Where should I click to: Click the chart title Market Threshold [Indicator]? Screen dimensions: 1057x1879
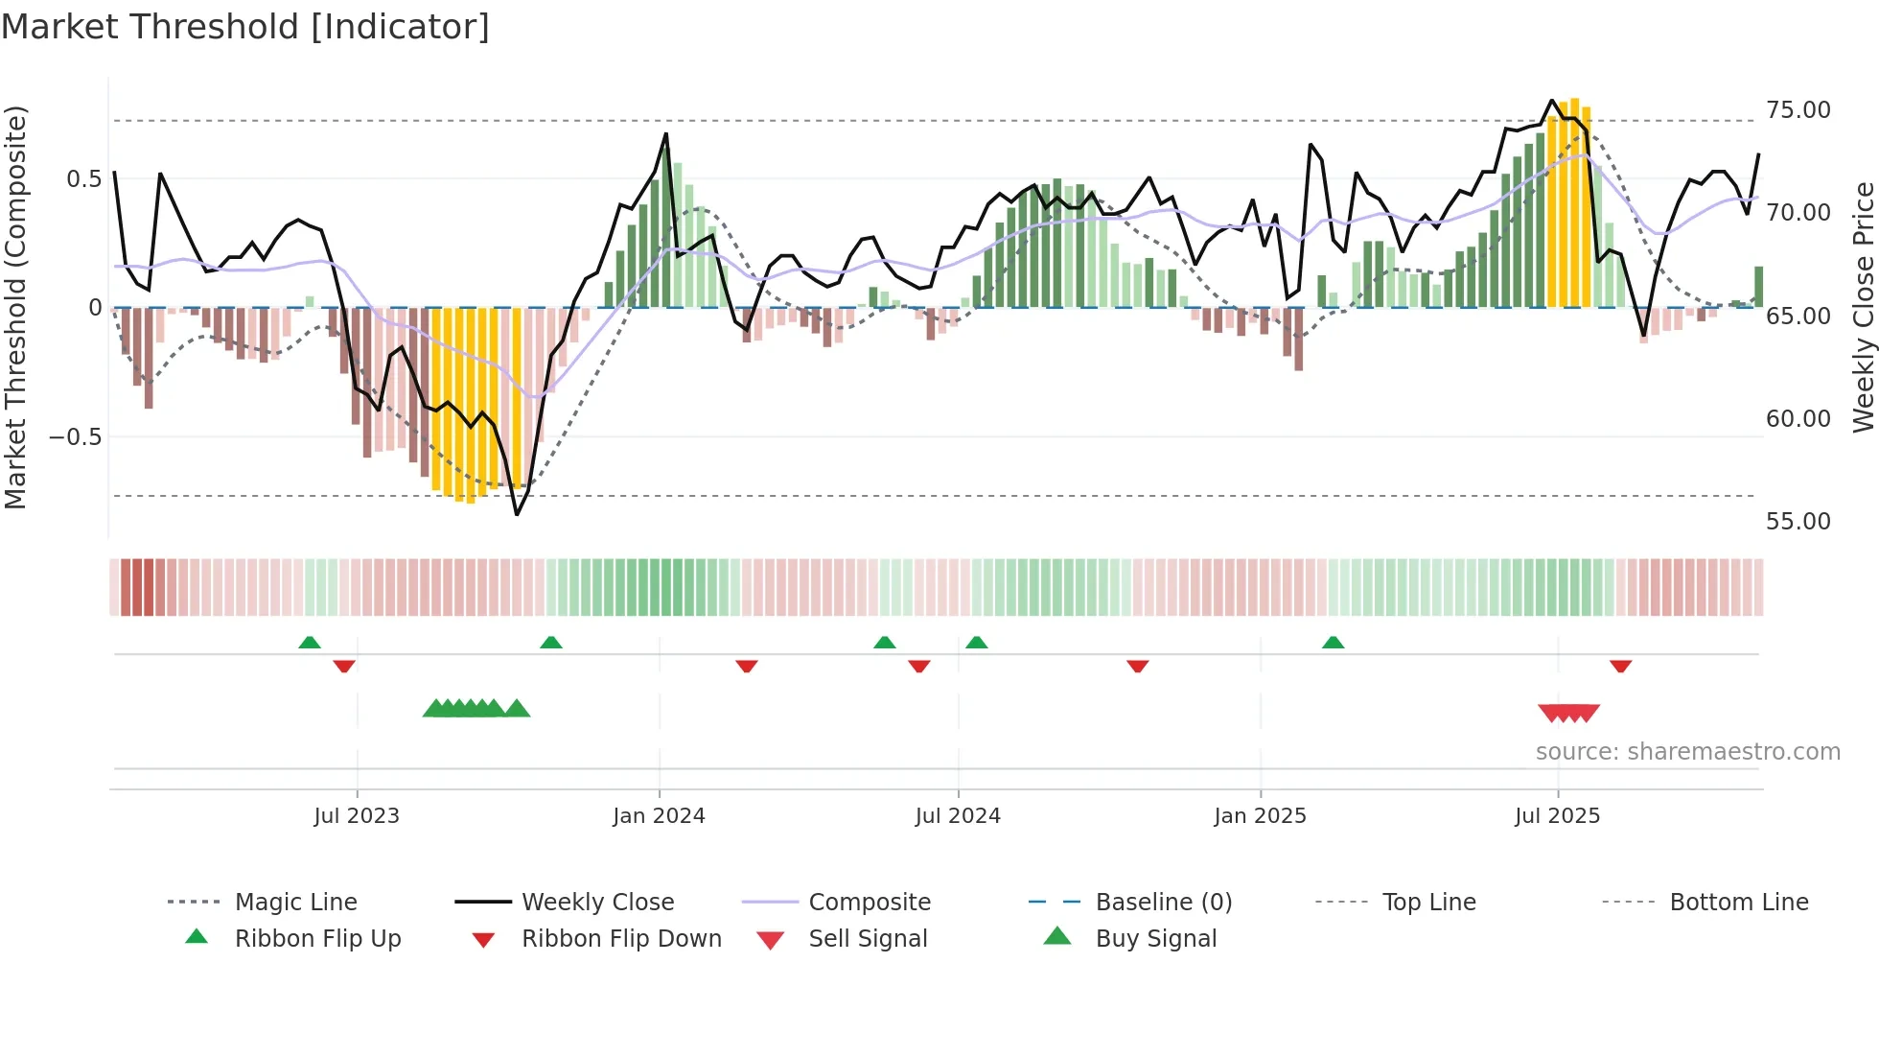245,27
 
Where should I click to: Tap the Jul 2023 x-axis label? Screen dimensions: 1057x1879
357,816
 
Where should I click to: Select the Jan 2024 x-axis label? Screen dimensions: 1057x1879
659,816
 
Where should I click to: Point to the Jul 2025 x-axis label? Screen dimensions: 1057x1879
1557,816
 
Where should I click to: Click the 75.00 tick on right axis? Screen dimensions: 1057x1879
1798,110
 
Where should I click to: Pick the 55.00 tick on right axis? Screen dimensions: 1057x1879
1798,522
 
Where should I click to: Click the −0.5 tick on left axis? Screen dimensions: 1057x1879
75,437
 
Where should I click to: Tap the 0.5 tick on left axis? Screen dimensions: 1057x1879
83,179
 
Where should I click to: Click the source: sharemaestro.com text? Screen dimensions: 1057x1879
1687,752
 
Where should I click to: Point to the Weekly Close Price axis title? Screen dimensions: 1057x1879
1863,307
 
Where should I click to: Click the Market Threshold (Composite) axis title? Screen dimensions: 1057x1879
15,307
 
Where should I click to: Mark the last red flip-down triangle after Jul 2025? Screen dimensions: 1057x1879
1620,666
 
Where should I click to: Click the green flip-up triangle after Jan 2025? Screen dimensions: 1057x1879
1333,643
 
